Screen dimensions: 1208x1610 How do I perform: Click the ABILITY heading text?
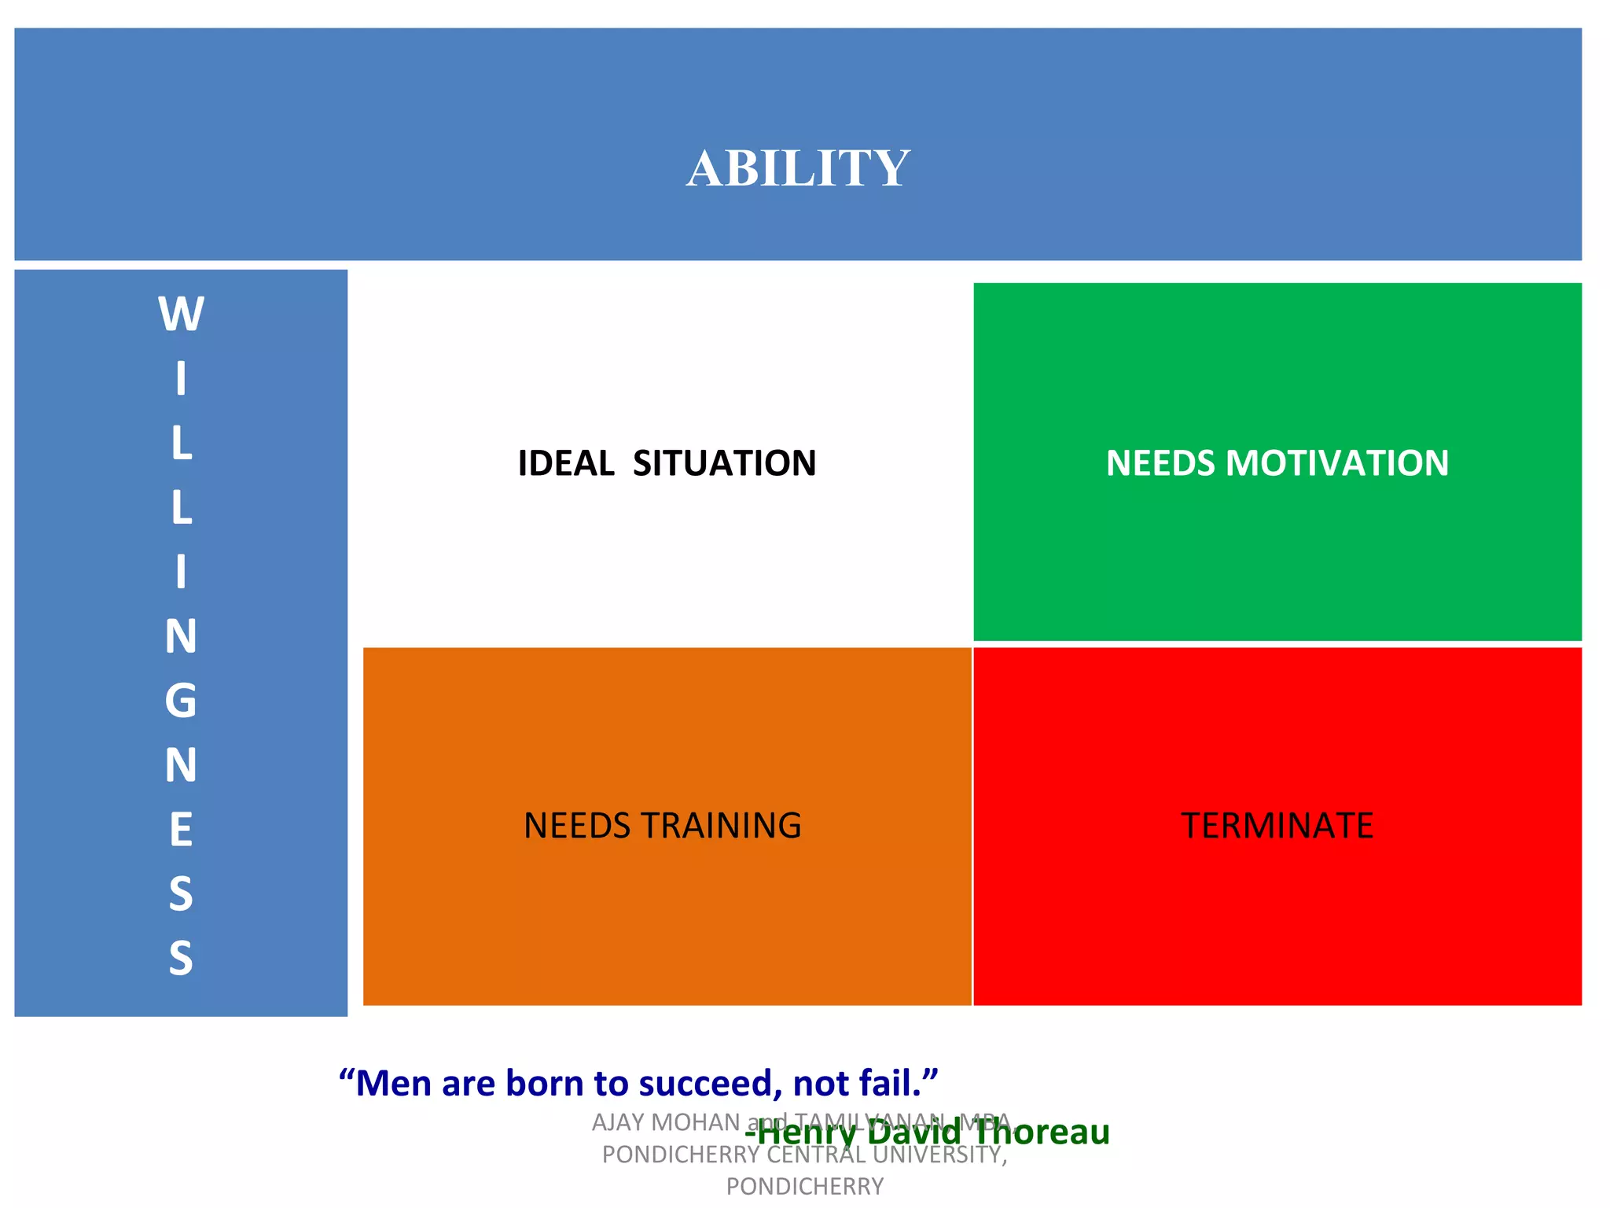798,168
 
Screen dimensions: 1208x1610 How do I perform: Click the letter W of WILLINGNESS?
181,315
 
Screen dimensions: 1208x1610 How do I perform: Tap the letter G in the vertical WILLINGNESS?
181,701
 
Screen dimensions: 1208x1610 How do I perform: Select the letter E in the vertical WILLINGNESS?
181,830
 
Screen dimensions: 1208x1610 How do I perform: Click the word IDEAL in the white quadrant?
566,463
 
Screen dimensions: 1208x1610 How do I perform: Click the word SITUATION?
724,463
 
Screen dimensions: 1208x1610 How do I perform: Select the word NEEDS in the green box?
1161,463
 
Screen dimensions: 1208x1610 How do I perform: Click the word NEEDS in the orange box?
577,826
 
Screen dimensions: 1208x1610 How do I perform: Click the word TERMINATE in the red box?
1277,826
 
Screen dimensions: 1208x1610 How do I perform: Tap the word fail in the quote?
888,1084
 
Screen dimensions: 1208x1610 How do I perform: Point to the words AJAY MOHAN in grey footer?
666,1122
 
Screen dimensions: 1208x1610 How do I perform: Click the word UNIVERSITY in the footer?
939,1155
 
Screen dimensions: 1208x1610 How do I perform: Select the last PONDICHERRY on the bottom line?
805,1186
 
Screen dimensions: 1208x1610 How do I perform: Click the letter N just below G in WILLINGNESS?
181,765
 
